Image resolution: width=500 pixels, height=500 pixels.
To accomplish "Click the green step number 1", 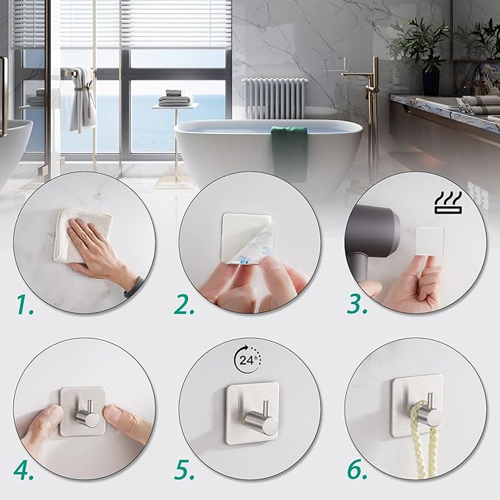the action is point(25,305).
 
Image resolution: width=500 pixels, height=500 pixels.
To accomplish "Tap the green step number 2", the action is point(184,305).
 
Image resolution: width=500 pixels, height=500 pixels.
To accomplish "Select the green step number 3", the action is point(357,305).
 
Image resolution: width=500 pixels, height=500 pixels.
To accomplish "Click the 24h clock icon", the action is point(247,359).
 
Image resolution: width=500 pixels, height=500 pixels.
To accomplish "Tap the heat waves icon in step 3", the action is point(448,203).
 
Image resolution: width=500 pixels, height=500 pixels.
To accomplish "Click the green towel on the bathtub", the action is point(289,153).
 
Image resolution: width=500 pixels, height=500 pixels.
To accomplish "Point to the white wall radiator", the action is point(275,98).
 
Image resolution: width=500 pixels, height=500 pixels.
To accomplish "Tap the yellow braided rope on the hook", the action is point(423,440).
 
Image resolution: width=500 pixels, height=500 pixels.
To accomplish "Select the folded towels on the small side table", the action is point(175,98).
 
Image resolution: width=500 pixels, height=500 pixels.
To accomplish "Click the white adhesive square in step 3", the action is point(429,241).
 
